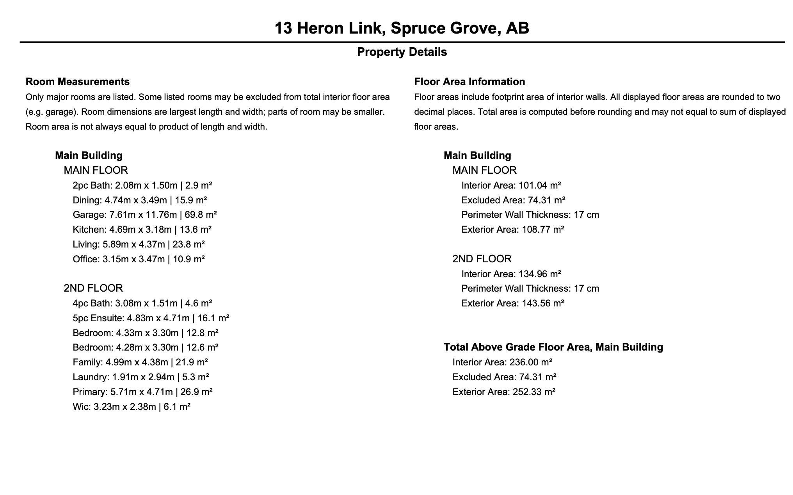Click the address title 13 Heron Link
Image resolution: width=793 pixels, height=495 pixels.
[402, 28]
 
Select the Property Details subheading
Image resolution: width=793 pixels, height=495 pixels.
[402, 52]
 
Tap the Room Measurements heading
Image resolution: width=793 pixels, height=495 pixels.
[77, 82]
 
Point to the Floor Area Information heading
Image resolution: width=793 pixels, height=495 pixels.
[469, 82]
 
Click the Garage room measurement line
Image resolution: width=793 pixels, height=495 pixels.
[144, 215]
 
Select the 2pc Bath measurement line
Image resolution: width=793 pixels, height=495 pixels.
[142, 185]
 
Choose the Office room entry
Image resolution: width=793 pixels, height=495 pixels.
[139, 259]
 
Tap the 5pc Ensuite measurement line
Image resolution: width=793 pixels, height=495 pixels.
[151, 318]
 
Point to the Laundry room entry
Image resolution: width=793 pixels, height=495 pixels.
[140, 377]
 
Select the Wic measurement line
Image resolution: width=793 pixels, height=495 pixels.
[131, 407]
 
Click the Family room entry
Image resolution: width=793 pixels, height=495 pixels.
[140, 362]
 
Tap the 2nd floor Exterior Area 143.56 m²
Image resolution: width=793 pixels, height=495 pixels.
[543, 303]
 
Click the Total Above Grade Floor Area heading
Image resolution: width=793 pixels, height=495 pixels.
[553, 347]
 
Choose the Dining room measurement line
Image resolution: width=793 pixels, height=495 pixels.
[139, 200]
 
